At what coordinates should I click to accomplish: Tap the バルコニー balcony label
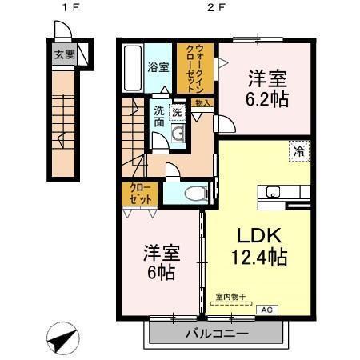pyautogui.click(x=217, y=334)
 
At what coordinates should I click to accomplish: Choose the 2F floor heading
pyautogui.click(x=214, y=10)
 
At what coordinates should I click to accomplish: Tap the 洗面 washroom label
pyautogui.click(x=159, y=117)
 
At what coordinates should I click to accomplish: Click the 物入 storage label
pyautogui.click(x=203, y=103)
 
